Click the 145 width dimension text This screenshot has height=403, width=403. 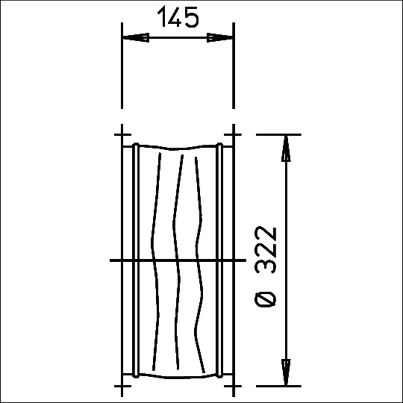(x=178, y=17)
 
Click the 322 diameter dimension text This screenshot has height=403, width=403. (x=266, y=250)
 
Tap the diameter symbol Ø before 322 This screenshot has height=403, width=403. (x=266, y=296)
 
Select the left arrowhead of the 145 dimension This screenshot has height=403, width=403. (x=136, y=37)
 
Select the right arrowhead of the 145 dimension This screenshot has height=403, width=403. (x=219, y=37)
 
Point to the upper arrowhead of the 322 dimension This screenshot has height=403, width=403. (x=286, y=149)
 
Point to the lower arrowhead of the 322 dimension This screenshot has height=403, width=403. (x=286, y=372)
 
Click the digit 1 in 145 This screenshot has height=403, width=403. (x=162, y=17)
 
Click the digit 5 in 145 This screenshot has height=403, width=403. (x=192, y=17)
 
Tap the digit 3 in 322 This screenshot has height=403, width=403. (x=266, y=265)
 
